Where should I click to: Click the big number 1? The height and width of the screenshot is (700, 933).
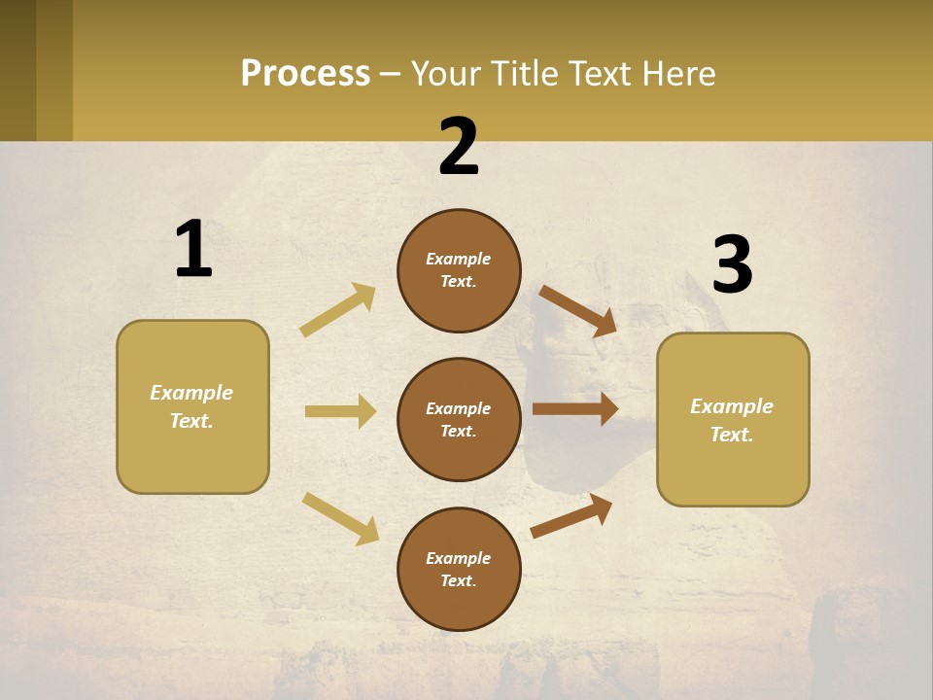pos(193,249)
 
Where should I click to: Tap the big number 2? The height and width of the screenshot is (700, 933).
pos(459,147)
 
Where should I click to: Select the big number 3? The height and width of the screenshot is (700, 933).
pos(732,264)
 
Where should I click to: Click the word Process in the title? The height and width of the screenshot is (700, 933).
pos(305,73)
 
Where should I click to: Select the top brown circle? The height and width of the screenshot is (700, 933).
pos(459,270)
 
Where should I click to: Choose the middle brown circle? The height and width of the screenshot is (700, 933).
pos(459,419)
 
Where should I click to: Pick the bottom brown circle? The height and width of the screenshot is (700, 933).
pos(459,569)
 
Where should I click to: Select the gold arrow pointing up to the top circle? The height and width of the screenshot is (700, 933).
pos(339,309)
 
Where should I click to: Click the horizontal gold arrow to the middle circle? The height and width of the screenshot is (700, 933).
pos(340,411)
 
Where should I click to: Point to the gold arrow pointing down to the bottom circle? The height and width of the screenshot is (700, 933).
pos(341,518)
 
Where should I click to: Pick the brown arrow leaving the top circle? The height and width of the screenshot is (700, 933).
pos(578,310)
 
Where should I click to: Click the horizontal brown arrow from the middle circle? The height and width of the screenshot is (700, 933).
pos(574,408)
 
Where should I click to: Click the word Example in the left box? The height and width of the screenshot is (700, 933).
pos(191,393)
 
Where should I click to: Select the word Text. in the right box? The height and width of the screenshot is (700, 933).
pos(732,435)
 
